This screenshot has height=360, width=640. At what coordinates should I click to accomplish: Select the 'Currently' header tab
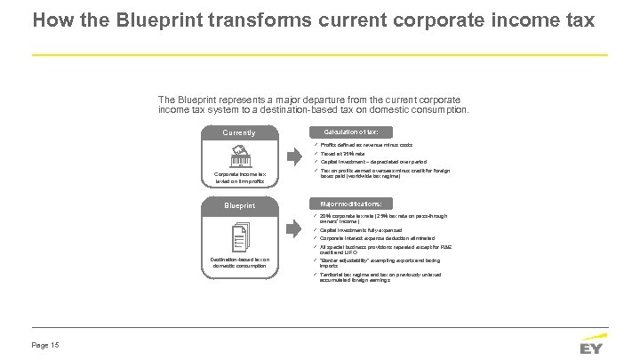coord(238,133)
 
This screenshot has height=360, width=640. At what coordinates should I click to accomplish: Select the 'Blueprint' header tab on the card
coord(238,205)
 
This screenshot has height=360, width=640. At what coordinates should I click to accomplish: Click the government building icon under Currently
coord(238,156)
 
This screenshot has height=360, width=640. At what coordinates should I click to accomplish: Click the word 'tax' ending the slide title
coord(578,19)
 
